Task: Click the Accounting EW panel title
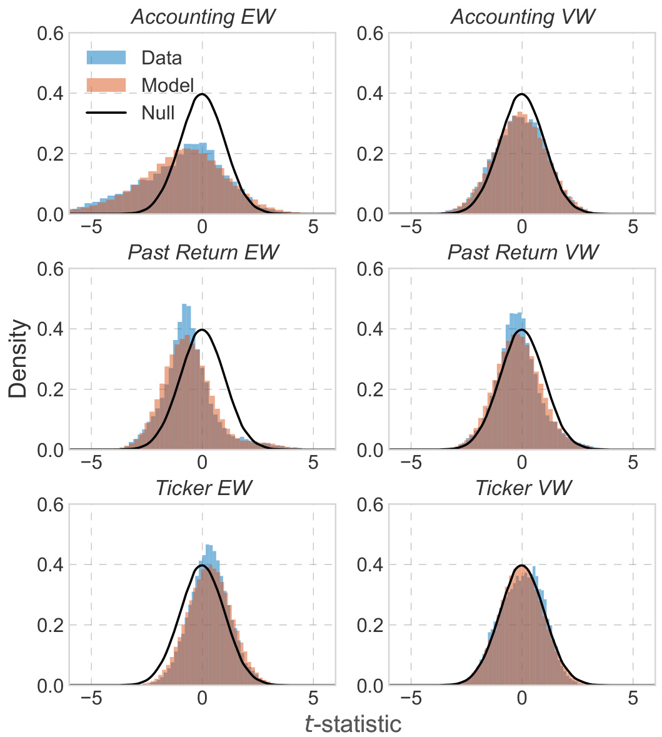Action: (x=202, y=17)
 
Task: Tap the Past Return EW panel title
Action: (x=202, y=253)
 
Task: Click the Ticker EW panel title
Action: (x=202, y=488)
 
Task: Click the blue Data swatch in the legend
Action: (x=106, y=58)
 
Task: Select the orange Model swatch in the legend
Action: (x=106, y=85)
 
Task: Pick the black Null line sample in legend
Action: (x=106, y=113)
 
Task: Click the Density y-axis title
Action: (x=19, y=359)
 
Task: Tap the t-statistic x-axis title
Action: (x=353, y=724)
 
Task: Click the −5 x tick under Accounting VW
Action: (x=411, y=227)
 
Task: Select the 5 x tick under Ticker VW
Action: (x=633, y=698)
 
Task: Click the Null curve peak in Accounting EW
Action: (x=202, y=94)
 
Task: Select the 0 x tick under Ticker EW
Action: (x=202, y=698)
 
